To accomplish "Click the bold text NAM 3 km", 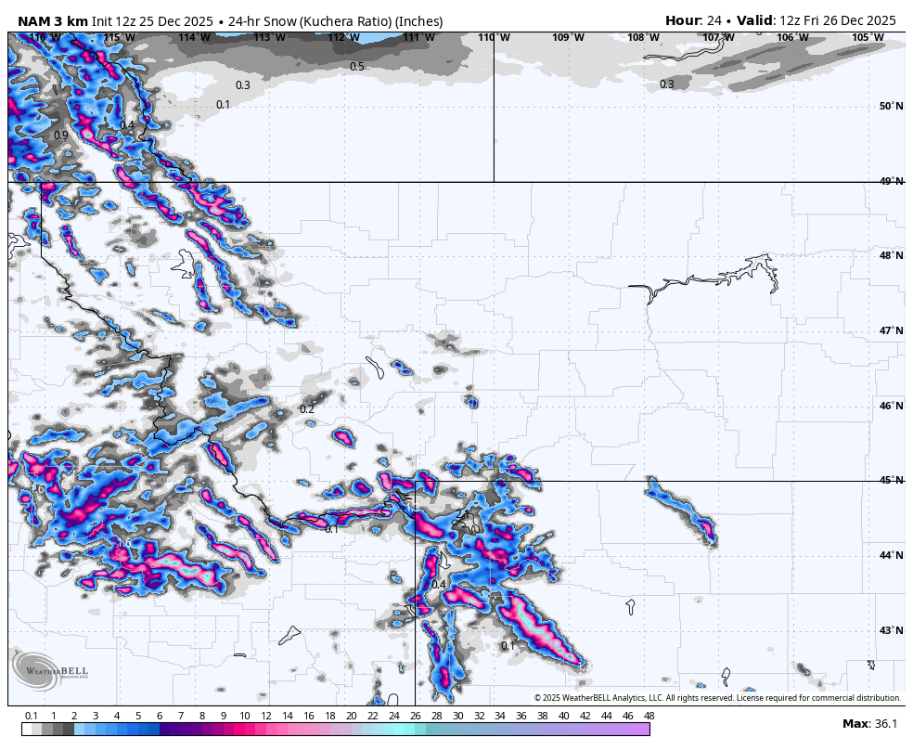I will [x=53, y=21].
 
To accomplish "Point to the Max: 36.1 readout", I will [x=868, y=724].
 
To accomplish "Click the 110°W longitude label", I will [x=493, y=37].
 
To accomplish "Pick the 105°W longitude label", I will [x=868, y=37].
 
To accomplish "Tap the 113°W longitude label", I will [x=269, y=37].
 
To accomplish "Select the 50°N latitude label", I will [x=891, y=106].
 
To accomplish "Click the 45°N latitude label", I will [x=891, y=481].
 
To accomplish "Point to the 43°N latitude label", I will [x=891, y=631].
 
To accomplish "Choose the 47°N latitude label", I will [x=891, y=331].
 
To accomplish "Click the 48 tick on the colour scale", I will [x=649, y=716].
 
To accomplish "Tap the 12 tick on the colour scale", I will [x=266, y=716].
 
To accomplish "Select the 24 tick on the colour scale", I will [x=393, y=716].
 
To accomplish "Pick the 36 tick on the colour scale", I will [x=521, y=716].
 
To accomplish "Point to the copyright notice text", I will [x=717, y=698].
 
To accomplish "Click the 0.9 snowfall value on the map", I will [x=61, y=136].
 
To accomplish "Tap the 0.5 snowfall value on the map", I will [x=357, y=67].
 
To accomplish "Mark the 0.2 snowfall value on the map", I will [x=307, y=409].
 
